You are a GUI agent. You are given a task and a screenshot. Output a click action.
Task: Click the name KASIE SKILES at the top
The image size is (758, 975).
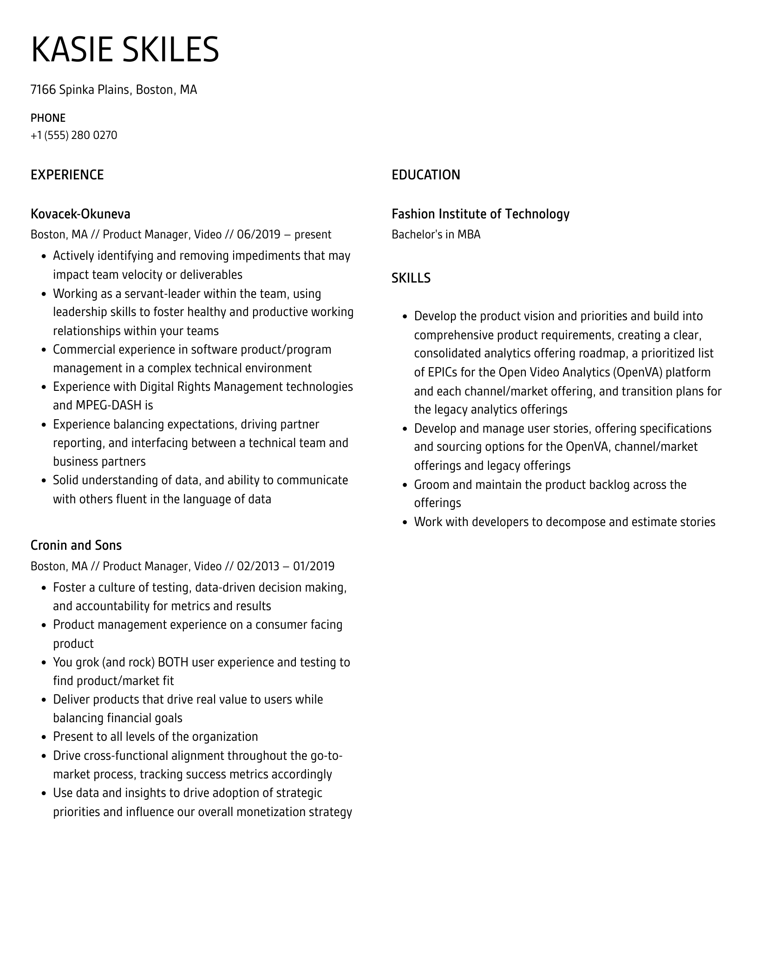[124, 49]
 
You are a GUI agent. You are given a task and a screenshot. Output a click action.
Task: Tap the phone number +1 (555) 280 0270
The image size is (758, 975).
[74, 135]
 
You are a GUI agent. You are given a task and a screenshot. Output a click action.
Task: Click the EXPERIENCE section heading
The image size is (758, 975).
[67, 175]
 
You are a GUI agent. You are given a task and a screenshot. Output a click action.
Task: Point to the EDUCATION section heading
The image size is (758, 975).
[426, 175]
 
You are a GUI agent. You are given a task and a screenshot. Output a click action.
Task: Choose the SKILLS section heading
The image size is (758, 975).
[411, 278]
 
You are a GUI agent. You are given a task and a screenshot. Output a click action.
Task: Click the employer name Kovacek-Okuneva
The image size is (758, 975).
[80, 214]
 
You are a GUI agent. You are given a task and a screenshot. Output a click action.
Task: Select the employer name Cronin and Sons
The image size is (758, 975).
[76, 545]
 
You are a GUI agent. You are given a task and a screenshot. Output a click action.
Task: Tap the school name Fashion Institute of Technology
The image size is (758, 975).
[480, 214]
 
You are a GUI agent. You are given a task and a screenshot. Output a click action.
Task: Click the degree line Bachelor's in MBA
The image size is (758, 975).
[436, 234]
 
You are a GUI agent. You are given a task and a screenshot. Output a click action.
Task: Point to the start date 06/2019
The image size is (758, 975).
[259, 234]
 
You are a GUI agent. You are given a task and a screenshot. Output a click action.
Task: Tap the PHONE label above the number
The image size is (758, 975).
[48, 118]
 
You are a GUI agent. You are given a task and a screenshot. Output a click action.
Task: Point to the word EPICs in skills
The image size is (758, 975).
[442, 372]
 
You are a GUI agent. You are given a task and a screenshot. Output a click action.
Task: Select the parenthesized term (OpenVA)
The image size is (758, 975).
[638, 372]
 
